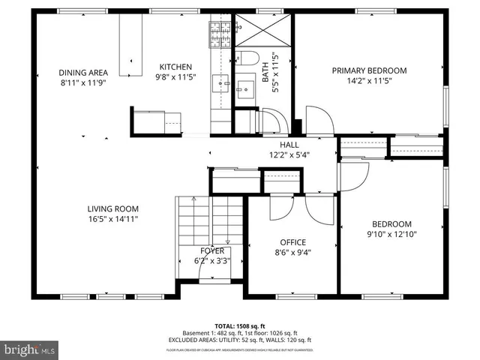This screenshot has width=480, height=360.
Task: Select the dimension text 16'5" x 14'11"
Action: pyautogui.click(x=112, y=219)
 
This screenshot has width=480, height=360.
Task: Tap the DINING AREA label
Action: pyautogui.click(x=83, y=73)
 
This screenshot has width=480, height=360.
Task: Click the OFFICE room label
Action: pyautogui.click(x=292, y=242)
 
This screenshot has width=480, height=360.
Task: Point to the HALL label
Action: pyautogui.click(x=289, y=145)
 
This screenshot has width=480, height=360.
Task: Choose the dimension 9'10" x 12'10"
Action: pyautogui.click(x=392, y=234)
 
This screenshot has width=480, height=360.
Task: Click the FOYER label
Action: pyautogui.click(x=212, y=251)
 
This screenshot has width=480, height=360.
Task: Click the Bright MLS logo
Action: pyautogui.click(x=30, y=349)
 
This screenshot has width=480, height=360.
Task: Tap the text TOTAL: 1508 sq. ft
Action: pyautogui.click(x=240, y=326)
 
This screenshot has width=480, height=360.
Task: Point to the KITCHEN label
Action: pyautogui.click(x=174, y=67)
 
